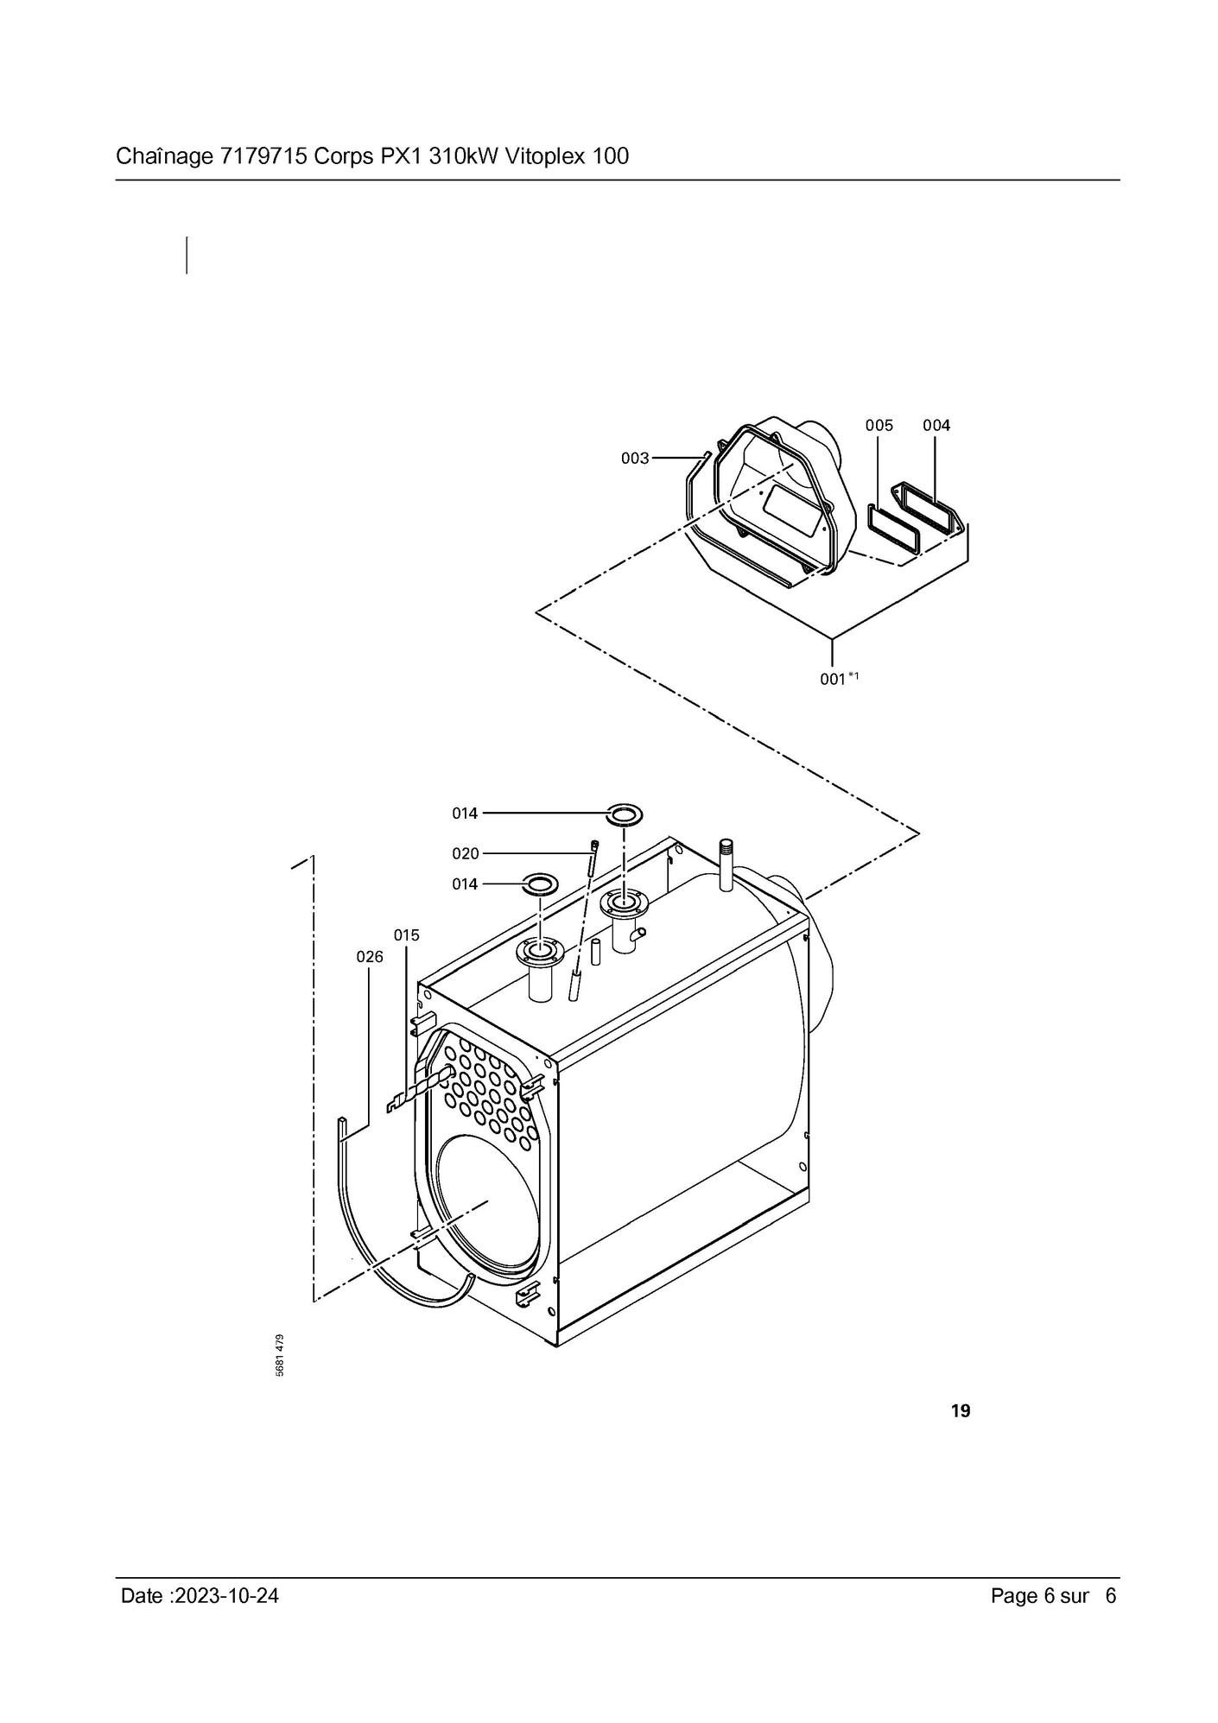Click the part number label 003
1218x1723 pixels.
point(635,458)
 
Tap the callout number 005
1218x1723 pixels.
point(879,425)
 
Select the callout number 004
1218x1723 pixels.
point(936,425)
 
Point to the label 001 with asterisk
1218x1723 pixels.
point(839,679)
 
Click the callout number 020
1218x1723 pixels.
point(466,853)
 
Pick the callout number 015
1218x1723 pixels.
point(407,934)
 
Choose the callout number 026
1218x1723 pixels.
point(370,956)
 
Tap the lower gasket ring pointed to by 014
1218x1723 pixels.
point(540,884)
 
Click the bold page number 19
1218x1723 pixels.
point(960,1411)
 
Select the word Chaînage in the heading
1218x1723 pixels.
point(163,156)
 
